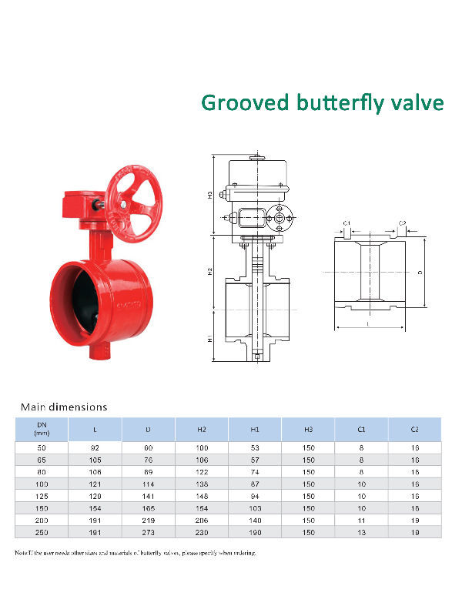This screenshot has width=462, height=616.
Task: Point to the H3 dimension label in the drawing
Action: pyautogui.click(x=209, y=196)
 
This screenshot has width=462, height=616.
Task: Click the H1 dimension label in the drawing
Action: pyautogui.click(x=209, y=338)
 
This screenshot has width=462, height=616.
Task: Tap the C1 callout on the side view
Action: pyautogui.click(x=347, y=224)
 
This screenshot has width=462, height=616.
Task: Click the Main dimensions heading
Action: pyautogui.click(x=64, y=406)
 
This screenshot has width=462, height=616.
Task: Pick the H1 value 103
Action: pyautogui.click(x=255, y=507)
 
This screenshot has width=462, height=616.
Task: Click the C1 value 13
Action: pyautogui.click(x=361, y=532)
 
